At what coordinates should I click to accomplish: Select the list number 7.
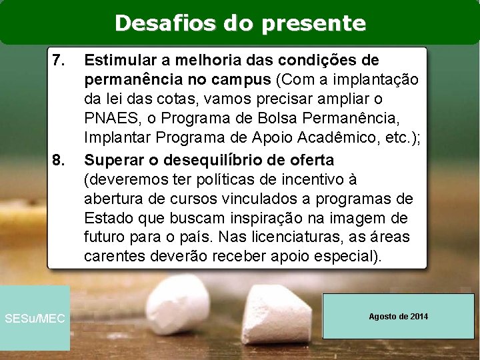(x=58, y=61)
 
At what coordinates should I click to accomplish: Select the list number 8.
(x=58, y=161)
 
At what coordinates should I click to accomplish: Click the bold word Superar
(x=109, y=160)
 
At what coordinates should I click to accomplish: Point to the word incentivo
(x=313, y=179)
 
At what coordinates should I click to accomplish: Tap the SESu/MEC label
(x=35, y=319)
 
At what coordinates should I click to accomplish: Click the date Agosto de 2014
(x=398, y=316)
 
